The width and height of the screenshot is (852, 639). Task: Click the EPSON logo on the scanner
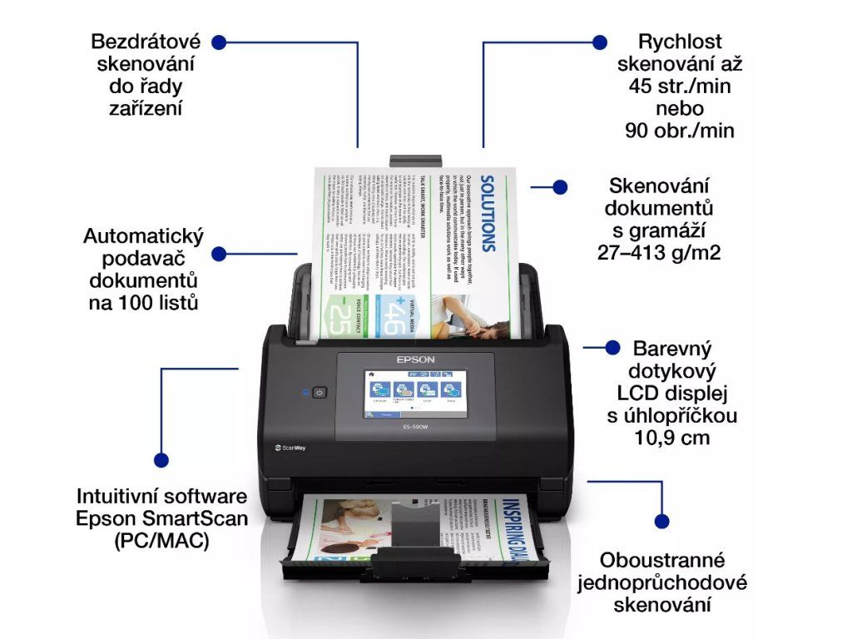tap(415, 359)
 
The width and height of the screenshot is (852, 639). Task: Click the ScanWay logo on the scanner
tap(290, 447)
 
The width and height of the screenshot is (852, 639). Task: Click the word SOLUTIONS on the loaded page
tap(488, 212)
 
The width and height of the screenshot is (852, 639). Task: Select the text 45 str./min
tap(680, 86)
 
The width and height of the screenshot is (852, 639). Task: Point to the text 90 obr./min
tap(680, 131)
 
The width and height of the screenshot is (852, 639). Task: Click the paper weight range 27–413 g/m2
tap(658, 252)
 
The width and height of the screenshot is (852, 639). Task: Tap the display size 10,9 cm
tap(663, 437)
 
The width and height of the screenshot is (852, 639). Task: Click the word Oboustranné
tap(662, 560)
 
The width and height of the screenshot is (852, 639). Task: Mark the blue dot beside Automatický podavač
tap(219, 254)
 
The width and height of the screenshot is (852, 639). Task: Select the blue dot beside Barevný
tap(613, 346)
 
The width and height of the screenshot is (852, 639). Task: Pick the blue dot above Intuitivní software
tap(161, 458)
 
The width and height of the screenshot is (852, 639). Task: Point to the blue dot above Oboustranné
tap(661, 521)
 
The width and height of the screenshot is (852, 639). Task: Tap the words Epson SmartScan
tap(161, 518)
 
